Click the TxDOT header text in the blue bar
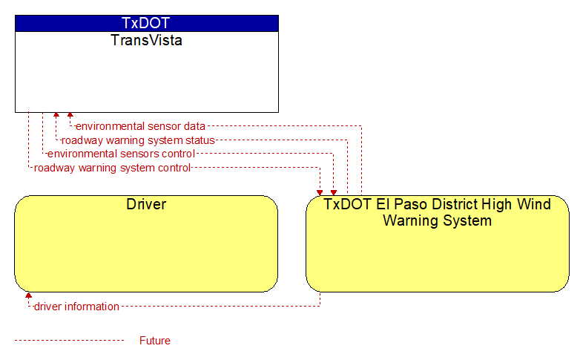[145, 23]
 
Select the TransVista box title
[146, 40]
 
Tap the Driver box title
[146, 204]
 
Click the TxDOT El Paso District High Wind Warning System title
[437, 212]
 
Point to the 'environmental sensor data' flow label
[140, 126]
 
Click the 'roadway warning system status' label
[138, 140]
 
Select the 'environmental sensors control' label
[121, 154]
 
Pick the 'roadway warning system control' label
[112, 168]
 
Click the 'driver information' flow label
[76, 307]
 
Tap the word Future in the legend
[155, 341]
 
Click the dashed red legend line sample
[69, 340]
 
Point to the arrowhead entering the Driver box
[28, 295]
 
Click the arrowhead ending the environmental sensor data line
[70, 115]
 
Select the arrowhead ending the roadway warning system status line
[56, 115]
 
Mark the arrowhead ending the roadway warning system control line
[320, 192]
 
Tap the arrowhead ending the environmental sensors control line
[334, 192]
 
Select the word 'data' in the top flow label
[194, 126]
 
